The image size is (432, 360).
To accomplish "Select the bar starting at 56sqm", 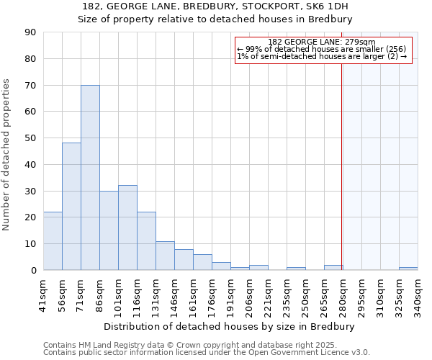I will click(71, 206).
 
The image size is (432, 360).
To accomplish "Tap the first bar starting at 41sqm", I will click(53, 240).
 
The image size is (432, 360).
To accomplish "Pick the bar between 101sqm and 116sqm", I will click(127, 228).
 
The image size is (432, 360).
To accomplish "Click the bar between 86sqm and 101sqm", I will click(109, 230).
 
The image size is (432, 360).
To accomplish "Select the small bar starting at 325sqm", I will click(408, 269).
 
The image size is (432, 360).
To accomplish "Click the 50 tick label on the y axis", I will click(30, 138).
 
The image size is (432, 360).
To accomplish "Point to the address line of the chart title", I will click(215, 6).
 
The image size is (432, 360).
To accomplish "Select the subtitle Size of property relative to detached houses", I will click(215, 19).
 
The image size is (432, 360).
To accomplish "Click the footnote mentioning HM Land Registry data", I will click(205, 345).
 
